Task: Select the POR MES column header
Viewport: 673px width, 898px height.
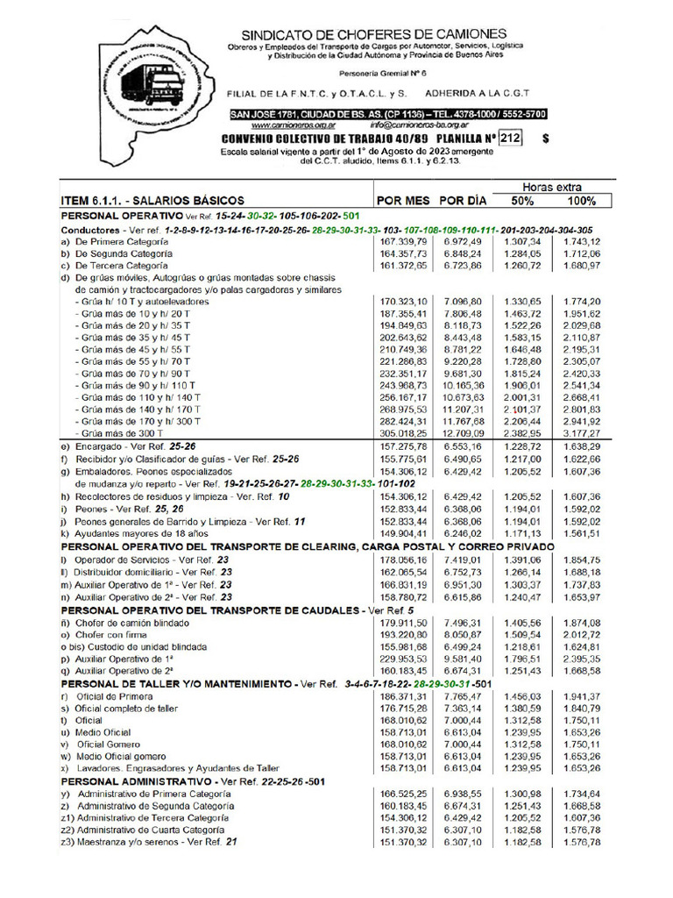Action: tap(403, 200)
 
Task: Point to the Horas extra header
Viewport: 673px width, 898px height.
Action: tap(552, 187)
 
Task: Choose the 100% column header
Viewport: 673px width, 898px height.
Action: tap(581, 200)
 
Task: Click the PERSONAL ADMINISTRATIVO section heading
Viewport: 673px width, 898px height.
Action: tap(139, 780)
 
